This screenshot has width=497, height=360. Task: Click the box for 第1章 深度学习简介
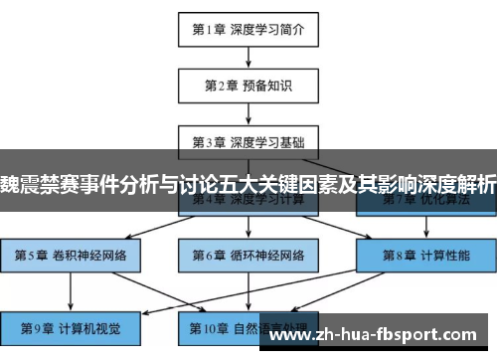pos(248,29)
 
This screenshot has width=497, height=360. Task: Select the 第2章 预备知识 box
pos(248,85)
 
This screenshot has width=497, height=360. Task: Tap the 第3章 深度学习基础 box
pos(248,141)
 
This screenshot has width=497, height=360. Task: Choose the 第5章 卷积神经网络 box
pos(72,255)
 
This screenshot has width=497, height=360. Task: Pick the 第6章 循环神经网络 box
pos(248,255)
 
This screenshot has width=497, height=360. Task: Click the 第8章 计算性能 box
pos(425,255)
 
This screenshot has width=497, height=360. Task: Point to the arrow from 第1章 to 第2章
pos(248,57)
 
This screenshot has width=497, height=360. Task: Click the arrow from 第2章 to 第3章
pos(248,113)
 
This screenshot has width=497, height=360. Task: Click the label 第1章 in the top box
pos(212,29)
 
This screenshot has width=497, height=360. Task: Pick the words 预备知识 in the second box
pos(267,85)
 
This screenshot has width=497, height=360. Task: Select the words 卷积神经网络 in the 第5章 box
pos(88,255)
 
